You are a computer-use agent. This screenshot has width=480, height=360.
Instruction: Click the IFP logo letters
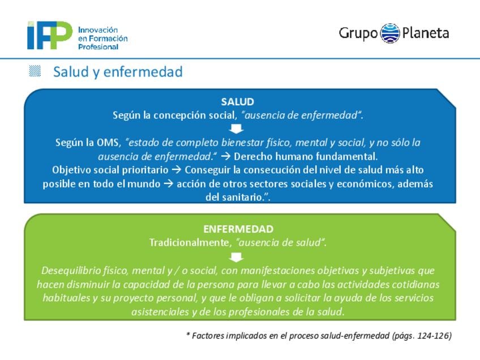coord(50,35)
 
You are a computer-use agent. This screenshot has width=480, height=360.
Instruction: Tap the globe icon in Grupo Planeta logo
coord(390,33)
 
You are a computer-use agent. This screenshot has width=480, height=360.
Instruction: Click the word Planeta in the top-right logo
coord(426,33)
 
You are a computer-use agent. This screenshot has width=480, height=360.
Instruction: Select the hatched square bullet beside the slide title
coord(35,71)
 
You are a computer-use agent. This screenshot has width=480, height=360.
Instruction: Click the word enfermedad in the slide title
coord(143,72)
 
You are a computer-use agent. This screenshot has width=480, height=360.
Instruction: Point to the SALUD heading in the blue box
coord(238,102)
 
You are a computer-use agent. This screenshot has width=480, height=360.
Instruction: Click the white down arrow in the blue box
coord(237,128)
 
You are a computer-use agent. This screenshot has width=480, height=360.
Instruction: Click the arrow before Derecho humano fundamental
coord(226,156)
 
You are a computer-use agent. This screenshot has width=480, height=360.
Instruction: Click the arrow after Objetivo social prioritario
coord(177,170)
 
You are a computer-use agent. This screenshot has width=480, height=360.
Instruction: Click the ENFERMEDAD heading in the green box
coord(238,229)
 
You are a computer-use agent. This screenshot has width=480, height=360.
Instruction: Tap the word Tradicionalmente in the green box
coord(189,243)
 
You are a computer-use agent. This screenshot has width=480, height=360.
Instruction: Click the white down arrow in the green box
coord(237,257)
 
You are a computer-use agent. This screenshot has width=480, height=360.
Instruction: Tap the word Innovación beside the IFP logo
coord(98,30)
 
